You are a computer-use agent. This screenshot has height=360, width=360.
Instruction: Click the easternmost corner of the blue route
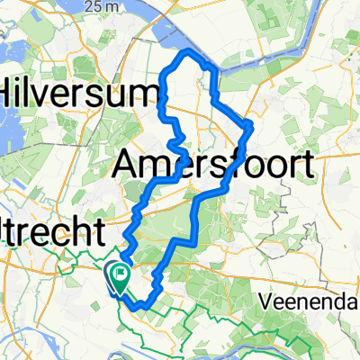pos(251,125)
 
